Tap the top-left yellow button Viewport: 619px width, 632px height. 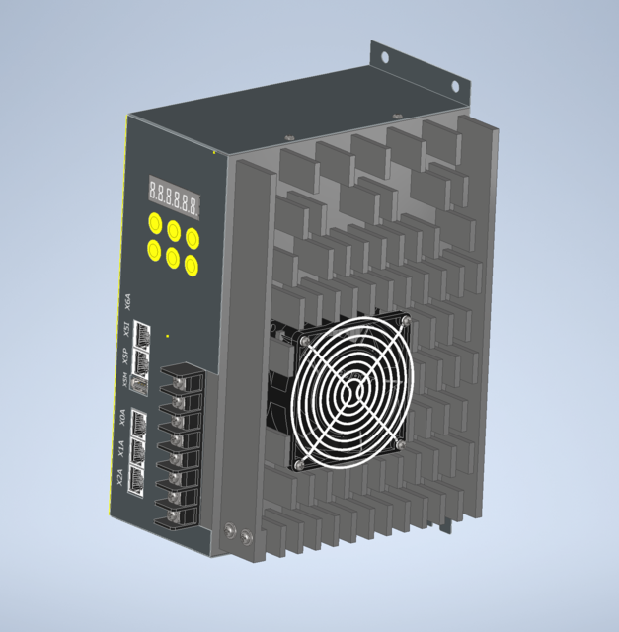(x=156, y=222)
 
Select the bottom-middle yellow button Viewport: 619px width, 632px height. (x=174, y=259)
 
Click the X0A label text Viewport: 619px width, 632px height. (x=122, y=418)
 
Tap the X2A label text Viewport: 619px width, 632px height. (x=118, y=480)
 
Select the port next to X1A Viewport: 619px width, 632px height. (x=137, y=450)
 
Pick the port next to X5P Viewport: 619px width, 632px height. (x=141, y=358)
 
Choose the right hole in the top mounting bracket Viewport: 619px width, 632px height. (x=456, y=87)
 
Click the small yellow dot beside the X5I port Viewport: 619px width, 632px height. (x=168, y=338)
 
